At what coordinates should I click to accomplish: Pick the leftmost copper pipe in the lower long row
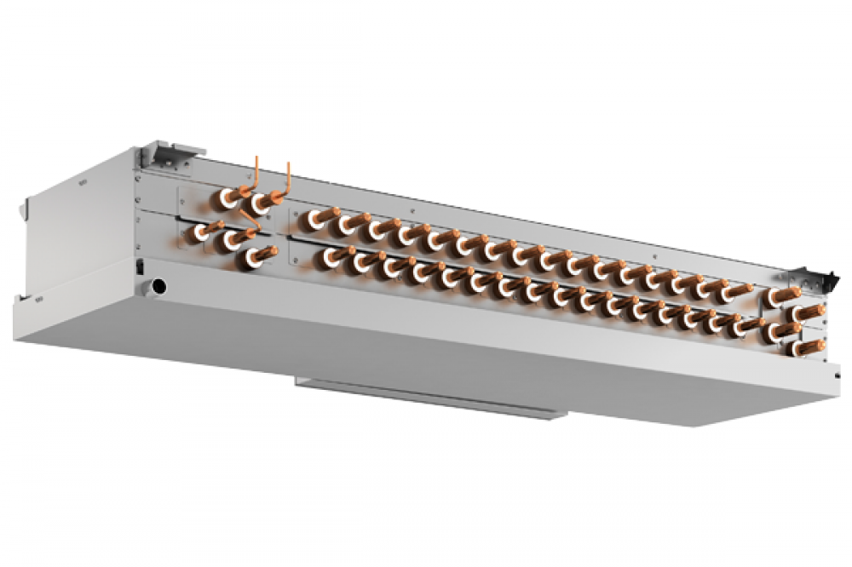tap(333, 255)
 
